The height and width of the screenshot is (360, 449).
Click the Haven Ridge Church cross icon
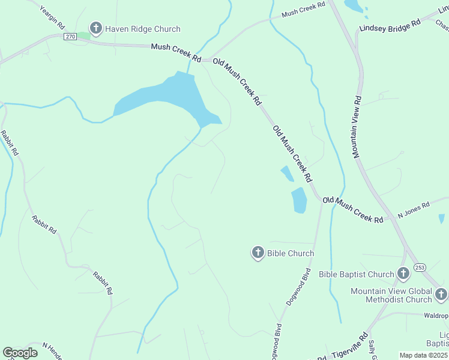coord(95,28)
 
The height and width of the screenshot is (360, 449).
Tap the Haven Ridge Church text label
coord(143,29)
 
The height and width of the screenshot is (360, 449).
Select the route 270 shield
coord(70,36)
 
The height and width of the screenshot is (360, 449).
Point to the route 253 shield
coord(420,268)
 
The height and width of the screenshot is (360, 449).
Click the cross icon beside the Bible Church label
coord(258,253)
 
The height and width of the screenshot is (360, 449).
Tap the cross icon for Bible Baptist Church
coord(403,274)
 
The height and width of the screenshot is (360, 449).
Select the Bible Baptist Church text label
coord(356,275)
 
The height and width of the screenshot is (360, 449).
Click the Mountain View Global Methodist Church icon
coord(441,294)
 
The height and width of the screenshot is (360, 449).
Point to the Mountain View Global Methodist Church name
coord(391,295)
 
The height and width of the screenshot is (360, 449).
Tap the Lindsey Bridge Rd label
coord(390,26)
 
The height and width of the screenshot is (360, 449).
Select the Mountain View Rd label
coord(358,126)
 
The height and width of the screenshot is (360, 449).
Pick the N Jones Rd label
coord(414,209)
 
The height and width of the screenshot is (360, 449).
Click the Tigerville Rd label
coord(346,348)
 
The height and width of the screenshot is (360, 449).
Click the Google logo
coord(20,352)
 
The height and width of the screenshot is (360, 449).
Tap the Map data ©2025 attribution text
coord(424,355)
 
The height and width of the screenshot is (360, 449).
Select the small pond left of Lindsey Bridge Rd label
coord(354,6)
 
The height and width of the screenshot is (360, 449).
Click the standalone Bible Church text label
coord(291,253)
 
